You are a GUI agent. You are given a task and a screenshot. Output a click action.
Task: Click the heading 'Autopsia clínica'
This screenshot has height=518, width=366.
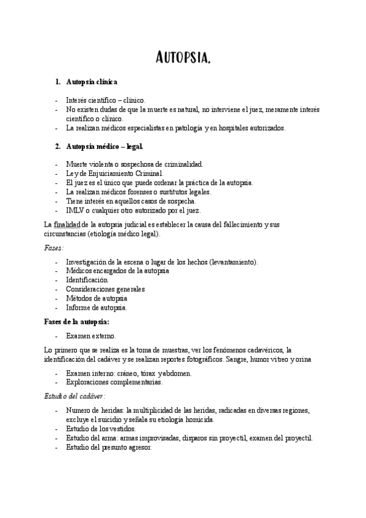coord(92,81)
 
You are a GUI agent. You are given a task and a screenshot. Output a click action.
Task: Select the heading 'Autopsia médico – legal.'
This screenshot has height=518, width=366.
coord(104,147)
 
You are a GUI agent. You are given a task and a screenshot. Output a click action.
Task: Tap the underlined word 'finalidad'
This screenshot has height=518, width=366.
coord(67,225)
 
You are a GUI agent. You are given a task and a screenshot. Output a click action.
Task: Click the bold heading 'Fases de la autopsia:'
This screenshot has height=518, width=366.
coord(78,321)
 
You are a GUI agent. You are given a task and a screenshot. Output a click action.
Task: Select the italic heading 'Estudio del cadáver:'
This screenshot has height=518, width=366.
coord(75,396)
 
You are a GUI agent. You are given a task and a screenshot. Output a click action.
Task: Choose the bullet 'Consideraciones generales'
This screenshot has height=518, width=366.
coord(106,289)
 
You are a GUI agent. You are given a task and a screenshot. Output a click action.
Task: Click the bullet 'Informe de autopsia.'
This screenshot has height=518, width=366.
coord(97,307)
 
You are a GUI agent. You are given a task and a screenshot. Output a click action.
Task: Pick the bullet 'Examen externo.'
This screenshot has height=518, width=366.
coord(90,335)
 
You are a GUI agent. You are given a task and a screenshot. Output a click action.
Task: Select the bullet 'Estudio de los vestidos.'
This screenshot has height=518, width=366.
coord(101,428)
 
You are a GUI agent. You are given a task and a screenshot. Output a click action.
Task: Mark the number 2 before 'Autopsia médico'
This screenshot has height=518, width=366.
coord(57,147)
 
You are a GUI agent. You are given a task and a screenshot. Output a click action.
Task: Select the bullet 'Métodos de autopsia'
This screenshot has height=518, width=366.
coord(97,298)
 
